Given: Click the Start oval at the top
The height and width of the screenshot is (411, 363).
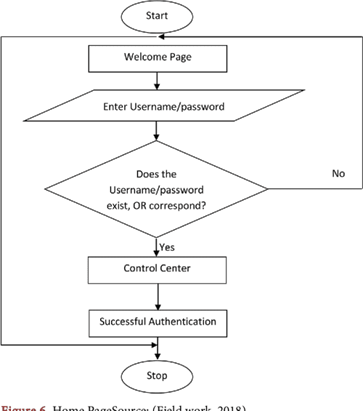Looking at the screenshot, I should click(157, 15).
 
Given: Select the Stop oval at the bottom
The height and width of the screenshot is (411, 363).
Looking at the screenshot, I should click(157, 375).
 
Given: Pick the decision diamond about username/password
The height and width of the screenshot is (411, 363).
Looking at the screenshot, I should click(157, 188).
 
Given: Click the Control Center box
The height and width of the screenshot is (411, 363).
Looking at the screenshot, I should click(157, 269).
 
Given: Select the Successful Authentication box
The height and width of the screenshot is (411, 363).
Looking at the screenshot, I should click(157, 320).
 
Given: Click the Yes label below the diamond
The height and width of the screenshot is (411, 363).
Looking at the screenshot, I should click(167, 247).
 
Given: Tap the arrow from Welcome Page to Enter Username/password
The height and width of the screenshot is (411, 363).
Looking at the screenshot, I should click(157, 81).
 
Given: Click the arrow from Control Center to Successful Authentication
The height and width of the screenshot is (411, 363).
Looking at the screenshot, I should click(157, 295).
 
